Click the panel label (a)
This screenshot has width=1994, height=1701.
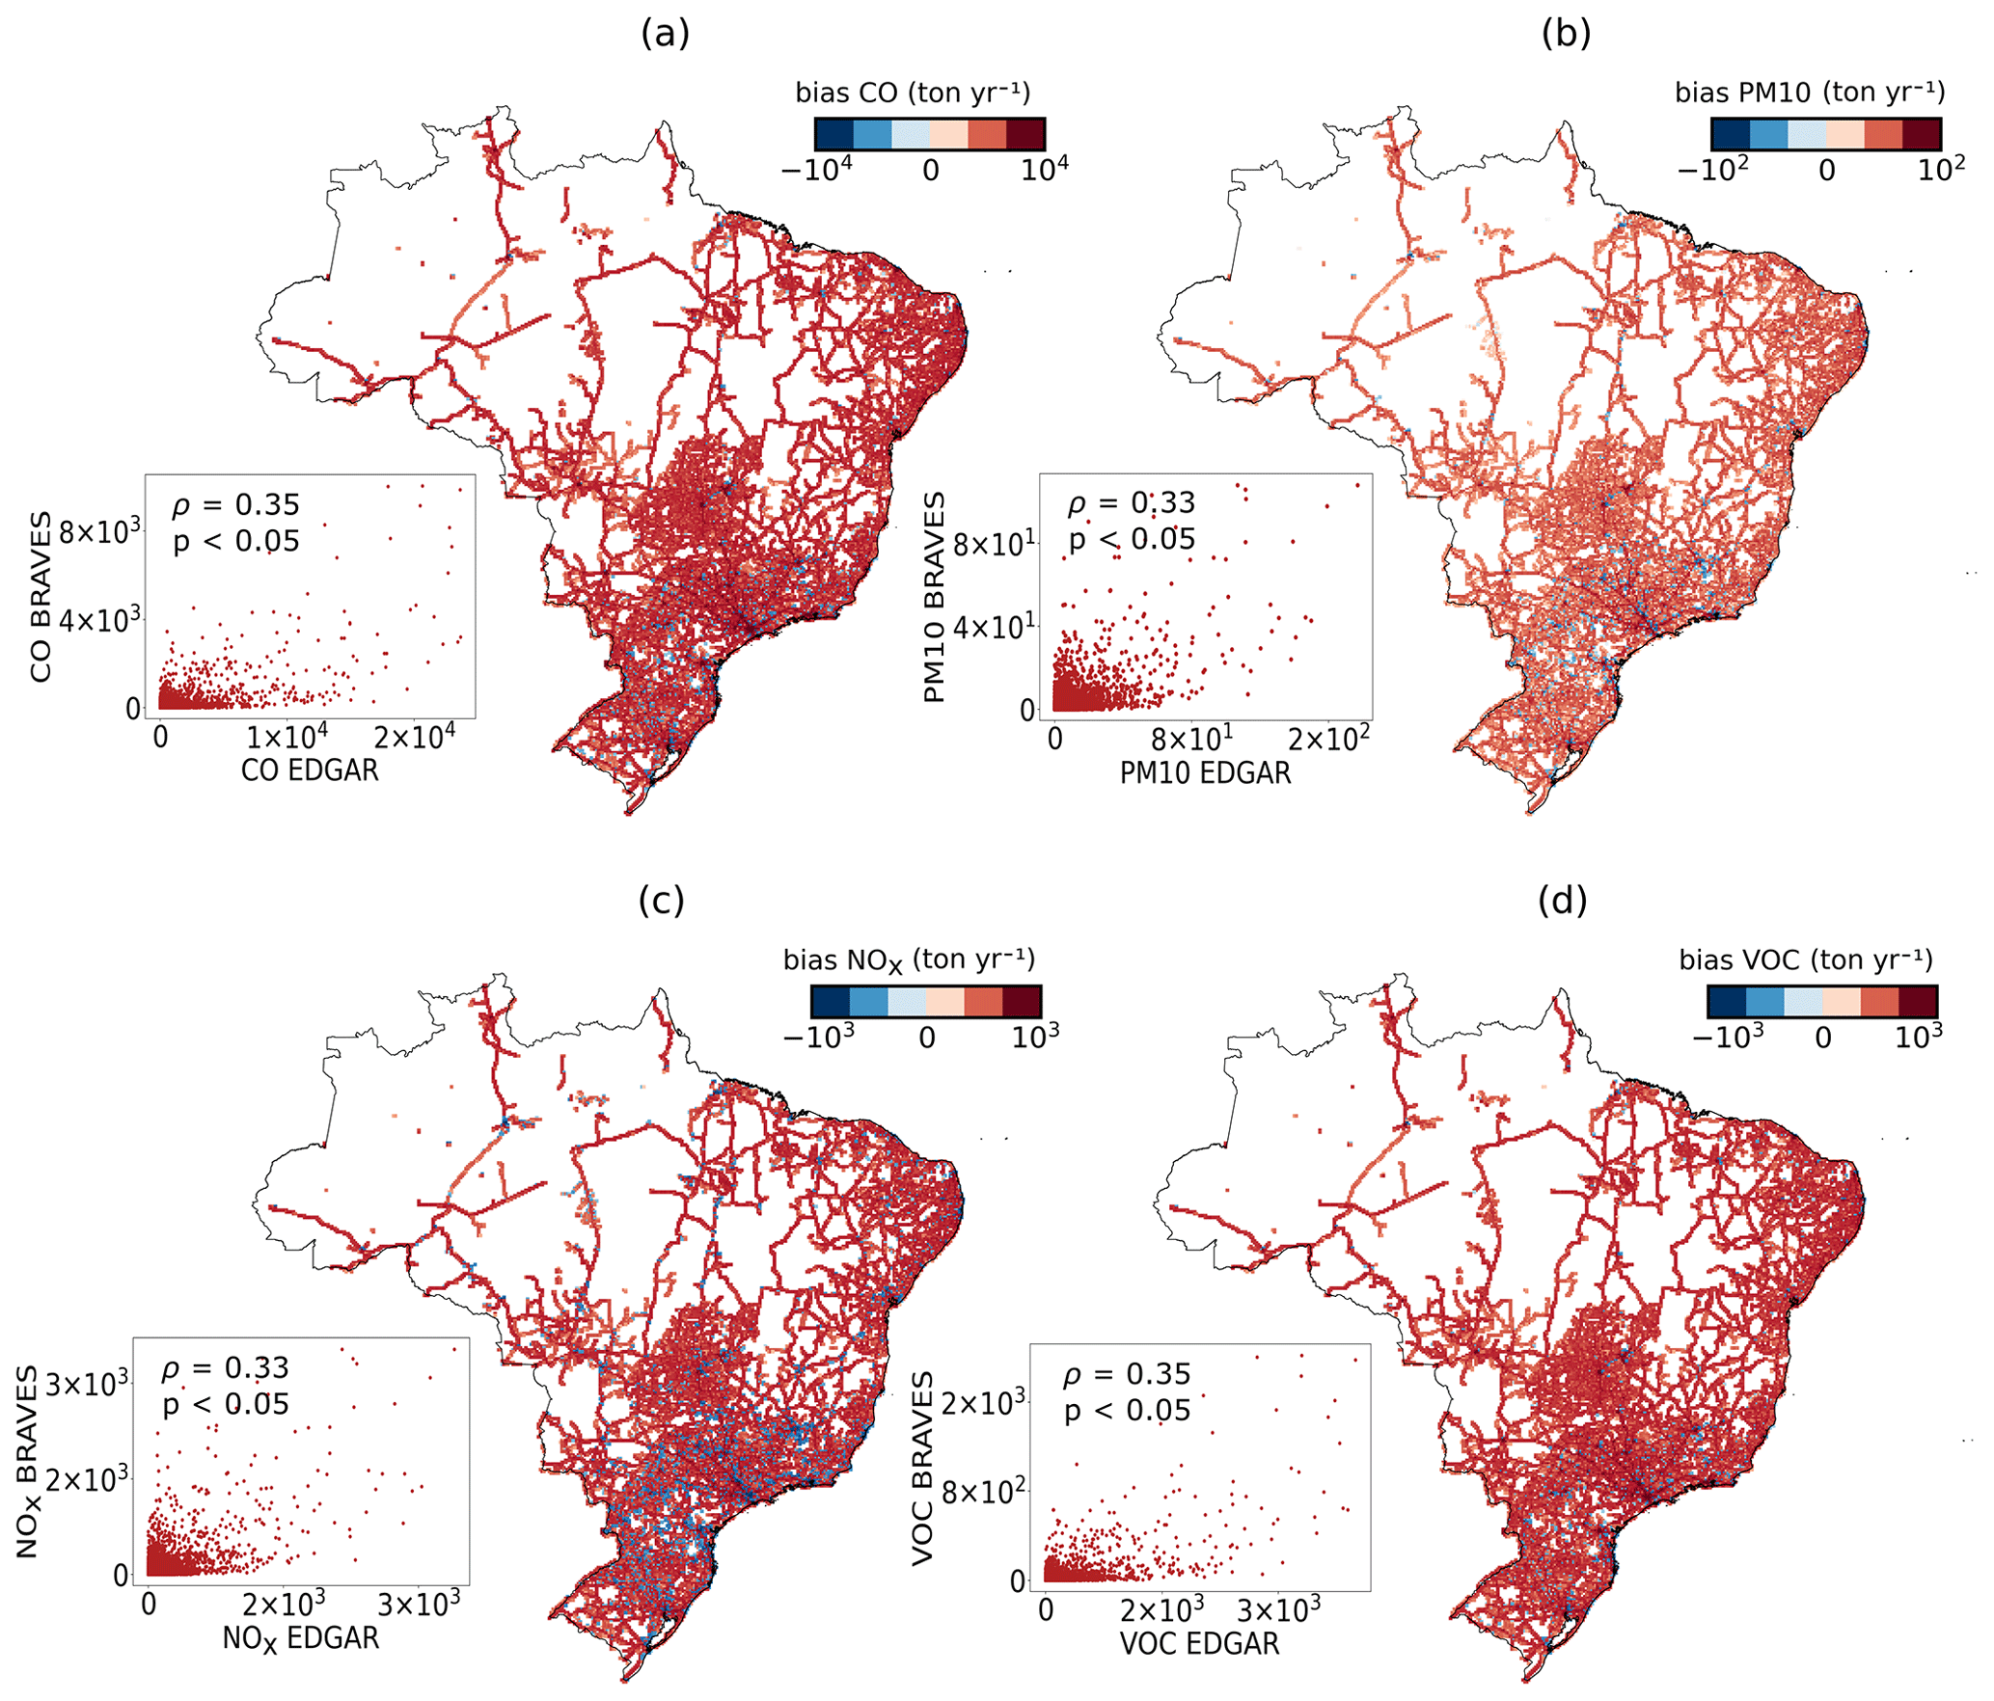665,34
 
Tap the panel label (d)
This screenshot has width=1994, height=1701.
1563,900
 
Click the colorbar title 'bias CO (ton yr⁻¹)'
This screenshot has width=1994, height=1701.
913,93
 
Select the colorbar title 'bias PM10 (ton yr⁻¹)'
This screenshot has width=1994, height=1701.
1810,93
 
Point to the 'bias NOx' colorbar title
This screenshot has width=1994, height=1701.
909,959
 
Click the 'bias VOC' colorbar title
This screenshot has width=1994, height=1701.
1806,959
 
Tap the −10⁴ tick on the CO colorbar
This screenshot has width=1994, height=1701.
816,171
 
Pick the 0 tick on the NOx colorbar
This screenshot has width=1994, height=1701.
926,1038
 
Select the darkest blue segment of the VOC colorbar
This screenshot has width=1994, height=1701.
1726,1001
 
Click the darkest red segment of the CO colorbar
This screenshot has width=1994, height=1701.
1025,134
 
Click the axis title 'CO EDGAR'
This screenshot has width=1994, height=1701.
310,770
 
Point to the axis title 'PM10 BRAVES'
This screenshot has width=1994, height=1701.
934,598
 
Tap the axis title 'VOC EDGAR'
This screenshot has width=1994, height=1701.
1199,1643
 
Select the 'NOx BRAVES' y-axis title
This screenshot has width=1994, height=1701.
27,1462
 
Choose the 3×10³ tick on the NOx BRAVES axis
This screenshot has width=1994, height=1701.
87,1385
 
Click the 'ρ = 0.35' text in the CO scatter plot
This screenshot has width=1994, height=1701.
236,504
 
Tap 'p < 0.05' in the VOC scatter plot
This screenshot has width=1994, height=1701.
1128,1411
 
